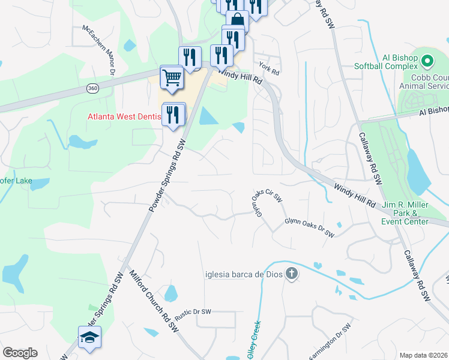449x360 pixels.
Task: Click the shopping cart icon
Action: pyautogui.click(x=172, y=78)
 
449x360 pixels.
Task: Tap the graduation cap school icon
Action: pyautogui.click(x=89, y=338)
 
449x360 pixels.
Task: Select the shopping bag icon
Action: pyautogui.click(x=237, y=21)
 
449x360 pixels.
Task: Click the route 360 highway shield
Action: pyautogui.click(x=92, y=88)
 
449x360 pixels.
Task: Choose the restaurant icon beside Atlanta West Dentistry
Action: pyautogui.click(x=173, y=114)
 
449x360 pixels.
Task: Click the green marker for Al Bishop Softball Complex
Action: pyautogui.click(x=427, y=61)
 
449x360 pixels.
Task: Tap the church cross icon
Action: pyautogui.click(x=292, y=274)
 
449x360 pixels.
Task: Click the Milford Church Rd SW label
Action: pyautogui.click(x=154, y=300)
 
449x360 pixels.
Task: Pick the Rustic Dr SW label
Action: pyautogui.click(x=193, y=311)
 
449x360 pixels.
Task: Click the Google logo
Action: pyautogui.click(x=20, y=353)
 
